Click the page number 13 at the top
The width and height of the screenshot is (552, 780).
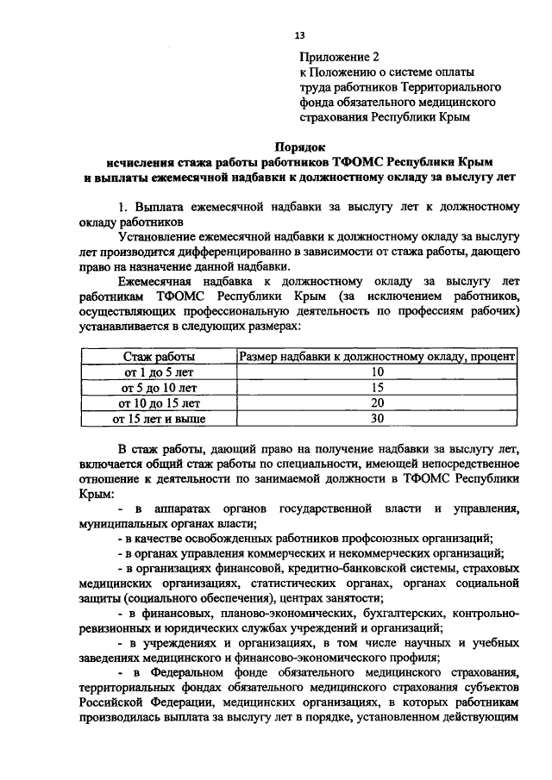(x=299, y=34)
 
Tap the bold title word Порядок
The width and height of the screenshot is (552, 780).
(x=299, y=147)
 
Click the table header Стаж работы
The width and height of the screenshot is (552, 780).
(x=158, y=356)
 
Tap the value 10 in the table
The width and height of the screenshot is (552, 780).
(x=376, y=371)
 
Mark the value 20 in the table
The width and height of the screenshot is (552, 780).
(x=376, y=402)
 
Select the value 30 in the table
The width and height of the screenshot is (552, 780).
(x=376, y=419)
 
